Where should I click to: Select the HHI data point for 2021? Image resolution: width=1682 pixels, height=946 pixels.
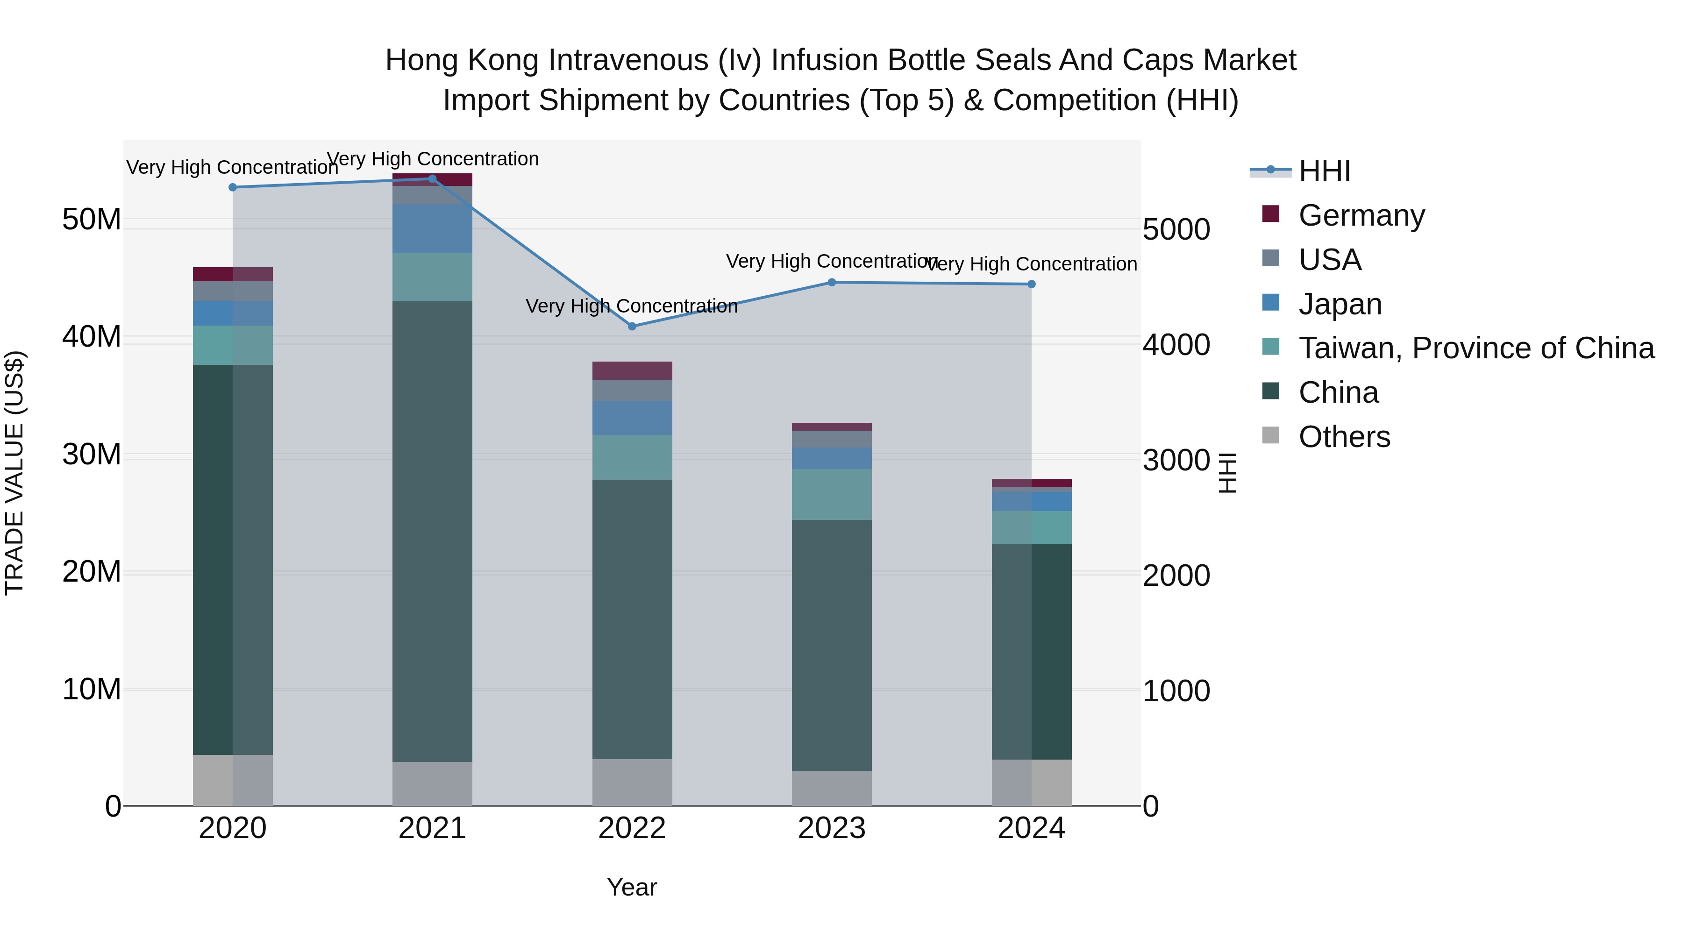432,179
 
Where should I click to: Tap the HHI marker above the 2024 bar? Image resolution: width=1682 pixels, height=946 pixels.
1031,284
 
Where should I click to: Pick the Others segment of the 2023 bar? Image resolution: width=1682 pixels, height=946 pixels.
831,788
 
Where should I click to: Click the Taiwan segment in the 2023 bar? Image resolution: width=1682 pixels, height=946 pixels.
831,494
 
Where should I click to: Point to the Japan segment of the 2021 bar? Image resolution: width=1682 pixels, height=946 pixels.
432,228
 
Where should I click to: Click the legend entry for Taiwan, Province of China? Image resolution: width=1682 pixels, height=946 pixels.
1475,348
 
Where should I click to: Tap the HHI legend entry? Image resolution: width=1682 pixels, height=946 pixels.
1324,171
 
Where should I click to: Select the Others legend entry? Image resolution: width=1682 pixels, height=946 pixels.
1344,437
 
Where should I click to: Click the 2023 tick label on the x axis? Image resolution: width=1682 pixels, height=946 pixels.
831,828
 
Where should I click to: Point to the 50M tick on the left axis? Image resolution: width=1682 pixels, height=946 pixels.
92,220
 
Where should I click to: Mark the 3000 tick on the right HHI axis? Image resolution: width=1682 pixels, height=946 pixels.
1176,460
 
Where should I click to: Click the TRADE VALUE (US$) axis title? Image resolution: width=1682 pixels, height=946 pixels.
14,473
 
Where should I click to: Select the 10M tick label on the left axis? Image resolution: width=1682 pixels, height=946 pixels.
92,690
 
